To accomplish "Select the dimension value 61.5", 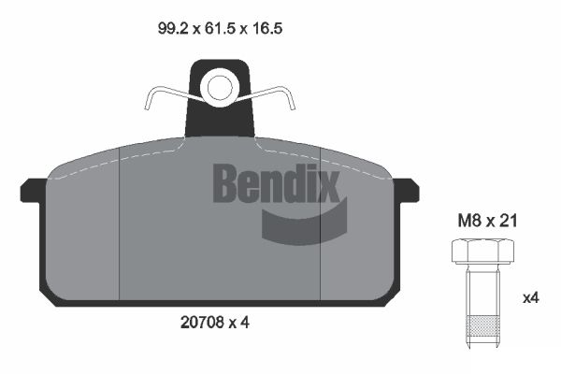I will pos(221,29).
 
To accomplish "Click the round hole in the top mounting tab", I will pos(220,88).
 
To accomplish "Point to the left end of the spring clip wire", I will pos(149,105).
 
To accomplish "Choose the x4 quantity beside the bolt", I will pos(530,298).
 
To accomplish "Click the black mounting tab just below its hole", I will pos(220,120).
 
